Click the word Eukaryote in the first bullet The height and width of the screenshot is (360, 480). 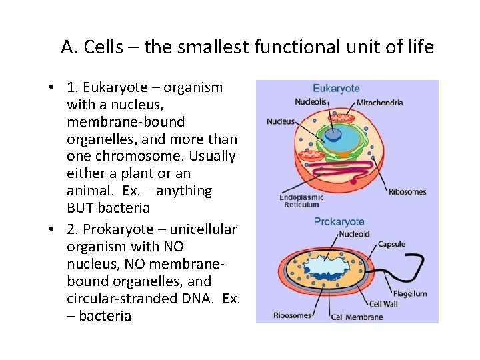pos(119,87)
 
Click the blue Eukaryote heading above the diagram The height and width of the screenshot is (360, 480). pos(337,88)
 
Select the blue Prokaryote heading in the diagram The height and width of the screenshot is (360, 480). pos(339,221)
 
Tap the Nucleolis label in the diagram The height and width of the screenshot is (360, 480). pos(311,102)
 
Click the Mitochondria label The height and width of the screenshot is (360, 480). pos(379,103)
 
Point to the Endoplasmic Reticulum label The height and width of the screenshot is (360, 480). pos(301,201)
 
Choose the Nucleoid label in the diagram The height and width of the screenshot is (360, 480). pos(353,234)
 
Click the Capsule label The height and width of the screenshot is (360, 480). pos(392,244)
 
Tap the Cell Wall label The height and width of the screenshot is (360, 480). pos(384,304)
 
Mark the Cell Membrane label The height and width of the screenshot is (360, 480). pos(357,317)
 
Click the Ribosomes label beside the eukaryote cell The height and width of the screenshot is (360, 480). pos(407,192)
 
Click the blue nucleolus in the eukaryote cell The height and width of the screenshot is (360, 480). pos(331,133)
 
